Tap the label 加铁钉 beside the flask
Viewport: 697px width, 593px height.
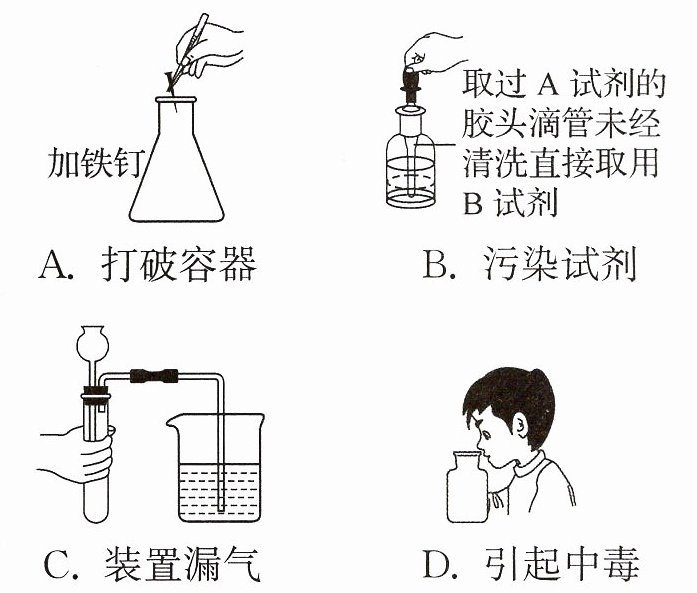click(96, 163)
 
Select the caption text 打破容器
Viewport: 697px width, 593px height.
click(179, 264)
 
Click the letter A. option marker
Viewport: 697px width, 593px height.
click(56, 265)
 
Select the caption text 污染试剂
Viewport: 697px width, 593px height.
click(560, 264)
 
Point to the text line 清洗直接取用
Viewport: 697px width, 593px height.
click(560, 163)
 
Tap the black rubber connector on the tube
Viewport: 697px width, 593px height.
click(154, 376)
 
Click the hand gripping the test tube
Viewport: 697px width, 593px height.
click(82, 455)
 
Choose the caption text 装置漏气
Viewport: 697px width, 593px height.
click(182, 564)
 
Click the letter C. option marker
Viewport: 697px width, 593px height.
click(57, 565)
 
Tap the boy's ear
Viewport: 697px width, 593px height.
click(520, 426)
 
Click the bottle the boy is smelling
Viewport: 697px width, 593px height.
click(467, 487)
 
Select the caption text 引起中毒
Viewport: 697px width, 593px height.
click(561, 564)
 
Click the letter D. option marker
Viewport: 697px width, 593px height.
click(440, 565)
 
